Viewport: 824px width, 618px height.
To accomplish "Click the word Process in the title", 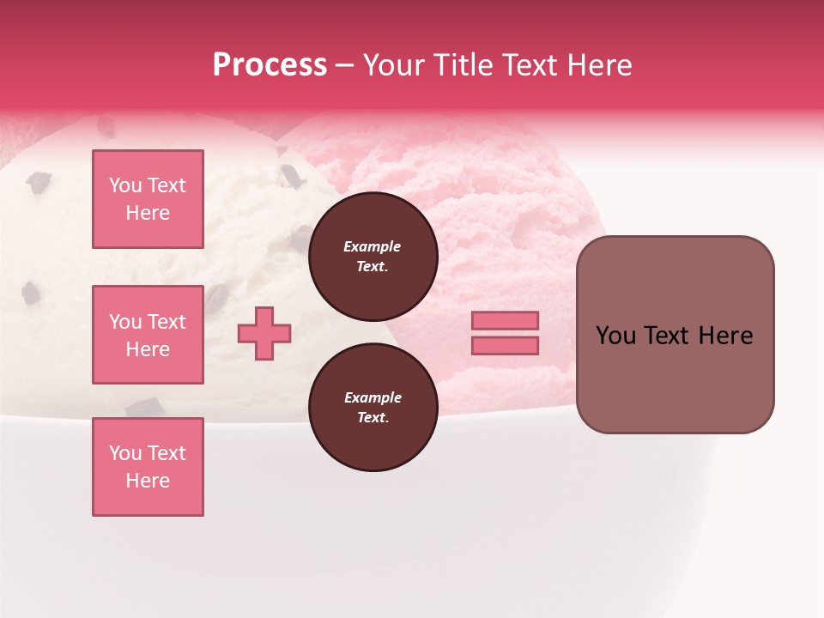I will point(270,65).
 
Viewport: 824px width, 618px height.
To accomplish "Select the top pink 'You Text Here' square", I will point(148,199).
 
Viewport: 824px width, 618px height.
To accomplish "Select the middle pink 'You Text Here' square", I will point(148,335).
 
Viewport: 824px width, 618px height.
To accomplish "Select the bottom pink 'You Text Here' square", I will point(148,467).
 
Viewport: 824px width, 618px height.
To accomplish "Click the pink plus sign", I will point(264,333).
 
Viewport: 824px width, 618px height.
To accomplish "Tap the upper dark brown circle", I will point(373,257).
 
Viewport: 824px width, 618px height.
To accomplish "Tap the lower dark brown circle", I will point(373,408).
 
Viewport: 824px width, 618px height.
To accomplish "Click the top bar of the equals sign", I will point(505,321).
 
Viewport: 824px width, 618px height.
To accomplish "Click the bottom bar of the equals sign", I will point(505,345).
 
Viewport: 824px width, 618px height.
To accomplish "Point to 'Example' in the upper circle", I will point(373,246).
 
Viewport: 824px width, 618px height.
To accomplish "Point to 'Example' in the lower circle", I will point(373,397).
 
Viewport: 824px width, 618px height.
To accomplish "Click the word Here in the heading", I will point(599,65).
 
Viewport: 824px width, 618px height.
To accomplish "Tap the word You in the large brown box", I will point(615,336).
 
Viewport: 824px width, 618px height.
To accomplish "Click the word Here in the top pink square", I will point(148,213).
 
